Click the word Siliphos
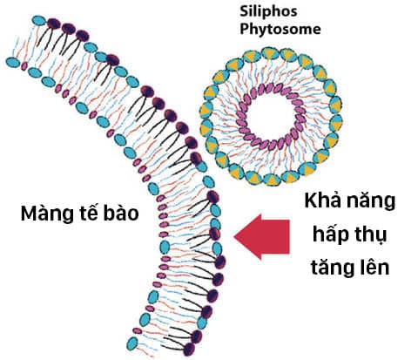[268, 11]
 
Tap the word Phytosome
[280, 30]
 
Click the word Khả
[322, 200]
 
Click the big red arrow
[262, 236]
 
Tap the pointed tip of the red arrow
[234, 236]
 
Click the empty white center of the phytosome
[271, 116]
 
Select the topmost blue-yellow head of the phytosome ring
[270, 53]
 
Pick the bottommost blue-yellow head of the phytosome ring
[272, 179]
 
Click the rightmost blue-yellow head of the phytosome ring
[336, 122]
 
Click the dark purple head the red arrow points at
[214, 234]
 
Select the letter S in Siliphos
[244, 12]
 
